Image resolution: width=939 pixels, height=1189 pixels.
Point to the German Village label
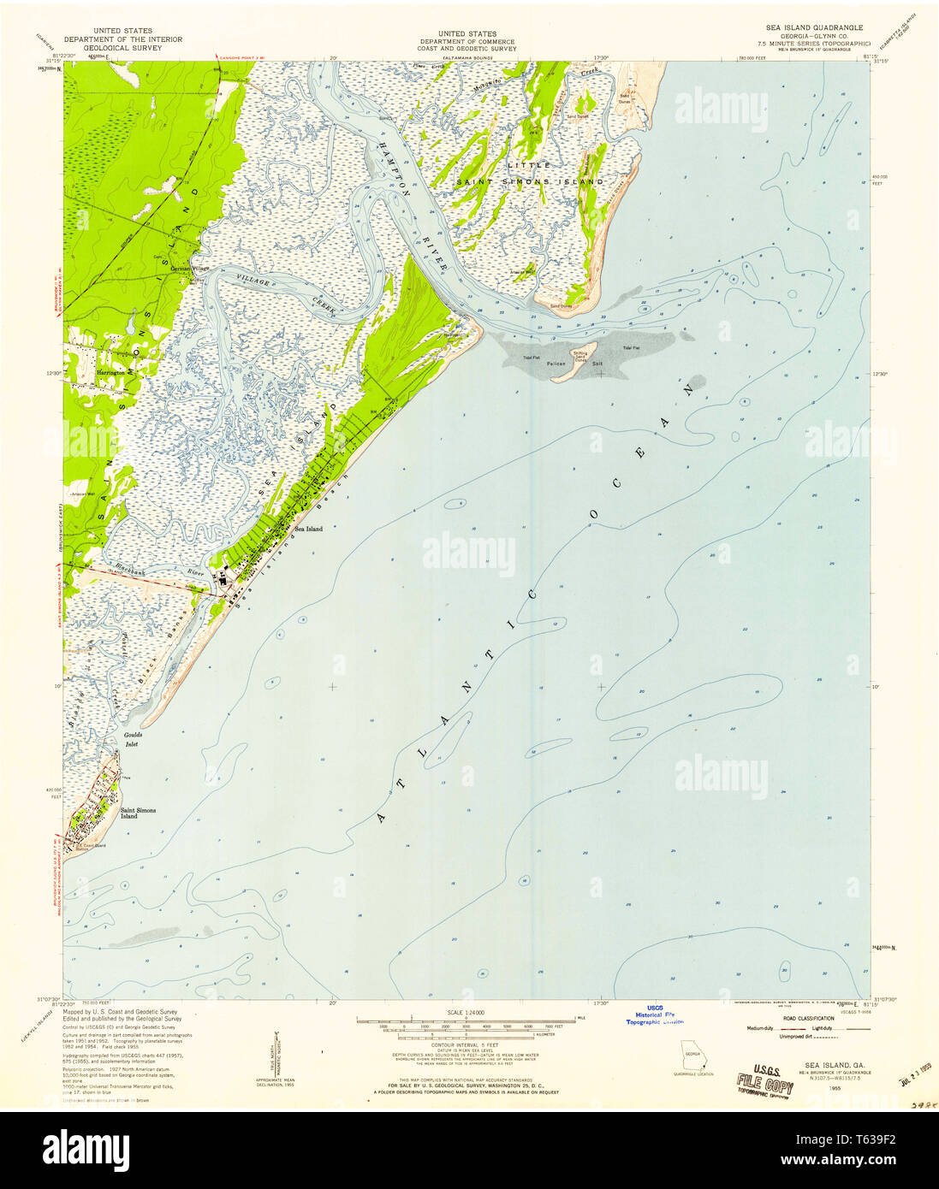coord(189,269)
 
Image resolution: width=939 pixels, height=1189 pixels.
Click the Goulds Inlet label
coord(133,739)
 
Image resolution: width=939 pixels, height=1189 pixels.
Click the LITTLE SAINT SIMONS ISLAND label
coord(529,173)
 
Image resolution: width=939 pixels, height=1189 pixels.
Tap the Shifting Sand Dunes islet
coord(580,357)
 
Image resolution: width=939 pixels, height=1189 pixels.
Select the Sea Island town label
coord(308,529)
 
